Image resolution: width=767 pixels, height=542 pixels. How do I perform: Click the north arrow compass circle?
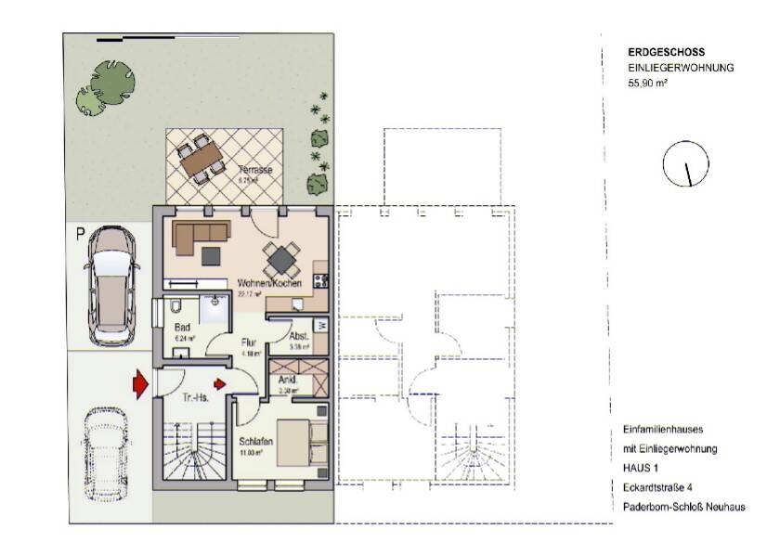(685, 165)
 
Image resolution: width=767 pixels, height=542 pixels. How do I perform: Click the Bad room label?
(182, 328)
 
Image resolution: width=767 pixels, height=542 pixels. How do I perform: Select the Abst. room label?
(298, 336)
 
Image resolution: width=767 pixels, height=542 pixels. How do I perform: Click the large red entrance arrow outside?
(138, 381)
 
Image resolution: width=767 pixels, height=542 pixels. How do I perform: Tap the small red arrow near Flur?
(220, 382)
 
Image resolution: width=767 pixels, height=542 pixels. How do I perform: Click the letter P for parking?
(81, 235)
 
